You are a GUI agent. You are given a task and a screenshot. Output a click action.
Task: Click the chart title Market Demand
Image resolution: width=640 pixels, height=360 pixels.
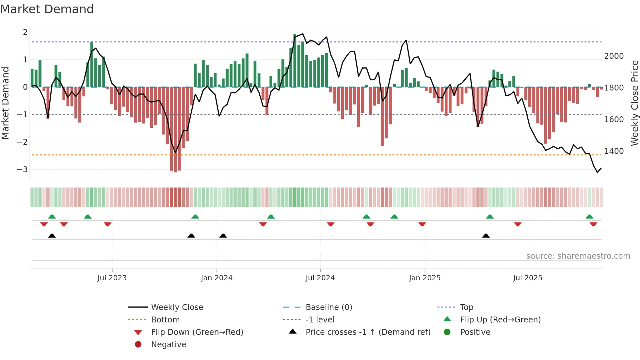click(47, 9)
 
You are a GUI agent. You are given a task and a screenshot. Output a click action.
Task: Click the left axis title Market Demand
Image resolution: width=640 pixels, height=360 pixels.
click(6, 103)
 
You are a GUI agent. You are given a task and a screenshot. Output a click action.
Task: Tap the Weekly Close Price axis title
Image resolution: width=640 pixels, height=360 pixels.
click(634, 103)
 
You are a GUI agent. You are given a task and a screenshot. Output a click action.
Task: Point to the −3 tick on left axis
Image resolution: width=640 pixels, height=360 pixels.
click(22, 170)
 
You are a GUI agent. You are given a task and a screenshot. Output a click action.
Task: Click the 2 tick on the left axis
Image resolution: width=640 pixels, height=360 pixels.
click(25, 32)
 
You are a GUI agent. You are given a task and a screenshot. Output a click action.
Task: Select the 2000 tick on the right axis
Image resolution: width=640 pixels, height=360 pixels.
click(614, 56)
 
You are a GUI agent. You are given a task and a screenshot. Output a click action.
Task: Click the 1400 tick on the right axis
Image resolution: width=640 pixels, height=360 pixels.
click(614, 151)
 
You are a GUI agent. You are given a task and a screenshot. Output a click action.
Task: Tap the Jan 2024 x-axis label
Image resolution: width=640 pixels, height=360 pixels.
click(216, 278)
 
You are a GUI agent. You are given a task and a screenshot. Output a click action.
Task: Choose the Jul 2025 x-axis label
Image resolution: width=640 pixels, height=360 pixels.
click(527, 278)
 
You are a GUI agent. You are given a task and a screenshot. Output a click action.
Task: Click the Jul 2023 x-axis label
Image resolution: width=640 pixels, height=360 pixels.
click(112, 278)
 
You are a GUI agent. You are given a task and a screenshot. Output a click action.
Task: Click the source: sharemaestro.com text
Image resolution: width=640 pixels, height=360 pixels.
click(578, 256)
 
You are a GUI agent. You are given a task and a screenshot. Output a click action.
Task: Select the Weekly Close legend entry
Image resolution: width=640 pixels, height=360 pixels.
click(177, 307)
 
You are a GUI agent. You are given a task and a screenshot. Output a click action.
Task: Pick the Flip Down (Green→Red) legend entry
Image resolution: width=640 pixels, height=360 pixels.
click(197, 332)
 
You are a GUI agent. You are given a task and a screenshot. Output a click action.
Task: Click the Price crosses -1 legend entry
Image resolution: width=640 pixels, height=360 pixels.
click(368, 332)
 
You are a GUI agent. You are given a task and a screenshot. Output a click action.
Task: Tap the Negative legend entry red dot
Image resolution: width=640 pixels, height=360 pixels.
click(138, 345)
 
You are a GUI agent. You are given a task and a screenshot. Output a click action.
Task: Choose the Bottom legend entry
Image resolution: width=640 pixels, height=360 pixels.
click(165, 320)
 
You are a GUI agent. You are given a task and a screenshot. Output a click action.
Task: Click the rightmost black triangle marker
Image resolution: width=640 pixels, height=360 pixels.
click(486, 236)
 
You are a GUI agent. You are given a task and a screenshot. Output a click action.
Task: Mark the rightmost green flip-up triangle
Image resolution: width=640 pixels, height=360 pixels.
click(589, 217)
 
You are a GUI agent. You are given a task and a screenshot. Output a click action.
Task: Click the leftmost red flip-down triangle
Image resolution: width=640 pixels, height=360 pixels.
click(44, 224)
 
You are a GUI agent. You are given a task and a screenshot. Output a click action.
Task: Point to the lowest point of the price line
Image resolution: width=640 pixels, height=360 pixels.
click(598, 172)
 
